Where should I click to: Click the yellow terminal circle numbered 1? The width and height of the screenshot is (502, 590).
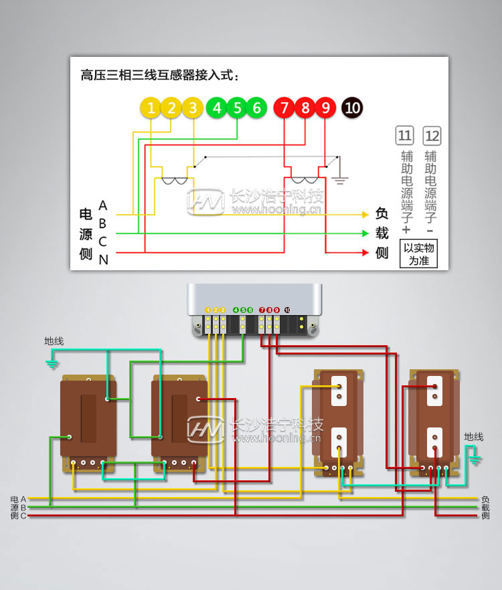click(151, 108)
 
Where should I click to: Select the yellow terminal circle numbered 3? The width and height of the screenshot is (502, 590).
click(193, 108)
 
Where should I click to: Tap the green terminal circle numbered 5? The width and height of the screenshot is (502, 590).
click(236, 108)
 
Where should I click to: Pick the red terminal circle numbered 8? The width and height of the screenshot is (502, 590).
click(305, 108)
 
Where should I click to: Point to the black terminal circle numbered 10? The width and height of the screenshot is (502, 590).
click(352, 108)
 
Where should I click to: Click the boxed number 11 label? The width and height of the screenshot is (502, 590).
click(404, 136)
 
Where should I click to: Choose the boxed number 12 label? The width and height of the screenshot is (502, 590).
click(432, 136)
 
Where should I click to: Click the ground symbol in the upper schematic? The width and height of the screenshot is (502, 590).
click(340, 179)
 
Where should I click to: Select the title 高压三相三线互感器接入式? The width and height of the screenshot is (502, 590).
click(159, 75)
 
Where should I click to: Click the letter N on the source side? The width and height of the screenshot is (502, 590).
click(103, 260)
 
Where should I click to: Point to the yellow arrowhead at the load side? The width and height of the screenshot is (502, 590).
click(365, 215)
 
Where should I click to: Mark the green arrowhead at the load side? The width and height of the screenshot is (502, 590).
click(365, 233)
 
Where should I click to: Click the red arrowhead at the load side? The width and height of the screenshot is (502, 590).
click(365, 253)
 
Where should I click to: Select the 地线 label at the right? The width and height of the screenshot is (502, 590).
click(473, 437)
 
